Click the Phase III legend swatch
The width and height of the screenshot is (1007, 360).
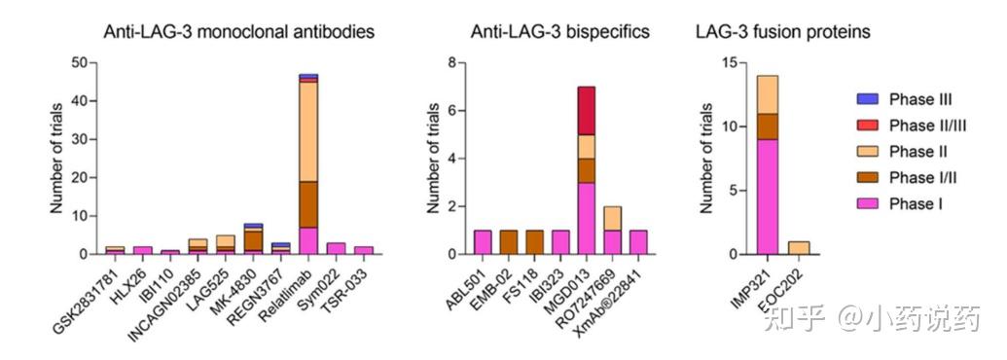[868, 99]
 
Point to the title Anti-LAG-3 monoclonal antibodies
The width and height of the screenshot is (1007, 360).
[239, 32]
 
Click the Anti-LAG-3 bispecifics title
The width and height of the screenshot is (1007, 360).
[559, 32]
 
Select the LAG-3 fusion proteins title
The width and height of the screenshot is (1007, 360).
[782, 32]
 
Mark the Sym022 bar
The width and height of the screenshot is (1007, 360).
[336, 248]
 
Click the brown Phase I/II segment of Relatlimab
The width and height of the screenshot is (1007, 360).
[308, 204]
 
